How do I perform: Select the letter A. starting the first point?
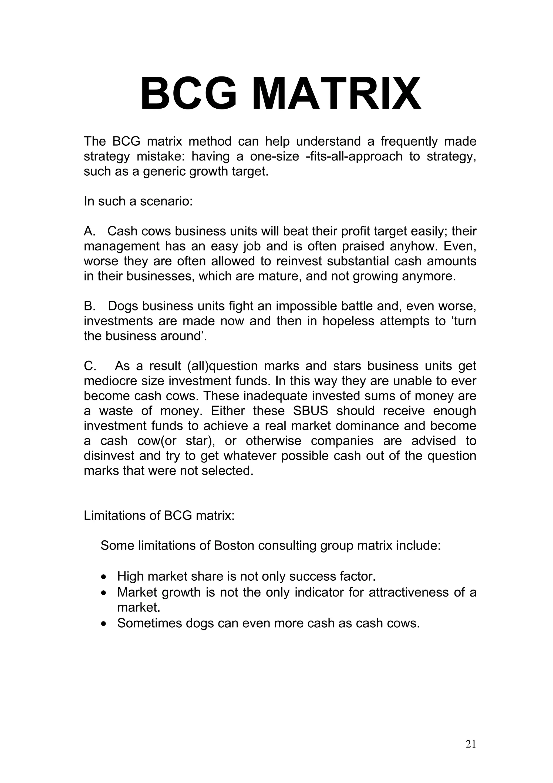90,231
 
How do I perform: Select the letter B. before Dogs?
90,306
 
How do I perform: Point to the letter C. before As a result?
90,366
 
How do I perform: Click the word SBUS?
310,411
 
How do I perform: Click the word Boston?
234,546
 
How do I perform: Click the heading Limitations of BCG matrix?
159,516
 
